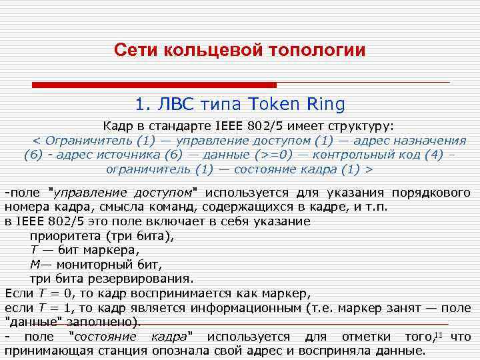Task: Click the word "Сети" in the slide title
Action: click(x=132, y=51)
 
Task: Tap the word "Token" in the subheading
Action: click(x=275, y=104)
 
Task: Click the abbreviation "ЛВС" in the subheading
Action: click(x=177, y=104)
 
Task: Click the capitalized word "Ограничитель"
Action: click(x=87, y=141)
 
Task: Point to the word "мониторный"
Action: click(x=94, y=265)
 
